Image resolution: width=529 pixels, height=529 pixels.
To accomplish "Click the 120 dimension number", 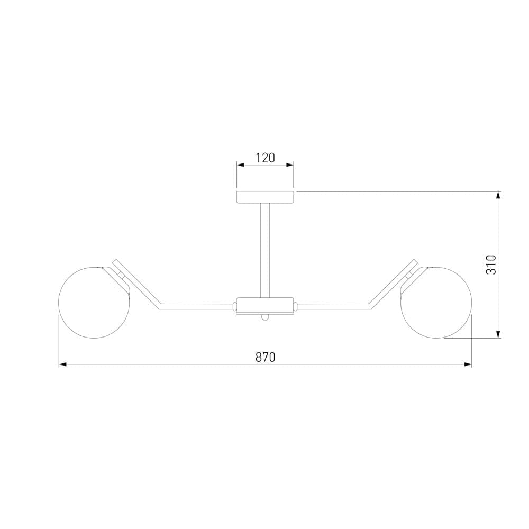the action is coord(265,158).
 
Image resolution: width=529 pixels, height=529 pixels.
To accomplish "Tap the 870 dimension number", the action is coord(265,357).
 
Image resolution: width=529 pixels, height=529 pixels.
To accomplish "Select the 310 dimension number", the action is coord(491,265).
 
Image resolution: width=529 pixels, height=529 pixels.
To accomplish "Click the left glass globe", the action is coord(94,302).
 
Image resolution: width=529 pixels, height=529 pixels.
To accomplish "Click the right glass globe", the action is coord(436,302).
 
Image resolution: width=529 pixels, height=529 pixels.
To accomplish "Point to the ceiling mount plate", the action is coord(265,197).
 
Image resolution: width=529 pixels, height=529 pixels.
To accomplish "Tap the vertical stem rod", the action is coord(265,250).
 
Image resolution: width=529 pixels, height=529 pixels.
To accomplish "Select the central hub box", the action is coord(265,305).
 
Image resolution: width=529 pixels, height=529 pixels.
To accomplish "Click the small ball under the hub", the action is coord(265,317).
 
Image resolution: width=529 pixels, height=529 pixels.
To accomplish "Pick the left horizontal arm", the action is coord(196,306).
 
